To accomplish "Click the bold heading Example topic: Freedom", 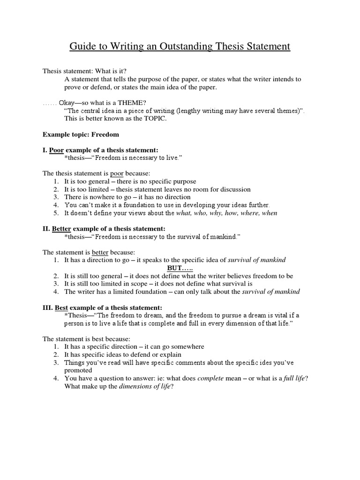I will [x=81, y=134].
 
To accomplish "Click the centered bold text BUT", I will [x=180, y=268].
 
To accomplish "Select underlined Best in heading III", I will [x=62, y=307].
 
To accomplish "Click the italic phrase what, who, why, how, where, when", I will [x=226, y=213].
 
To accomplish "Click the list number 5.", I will [x=55, y=213].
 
